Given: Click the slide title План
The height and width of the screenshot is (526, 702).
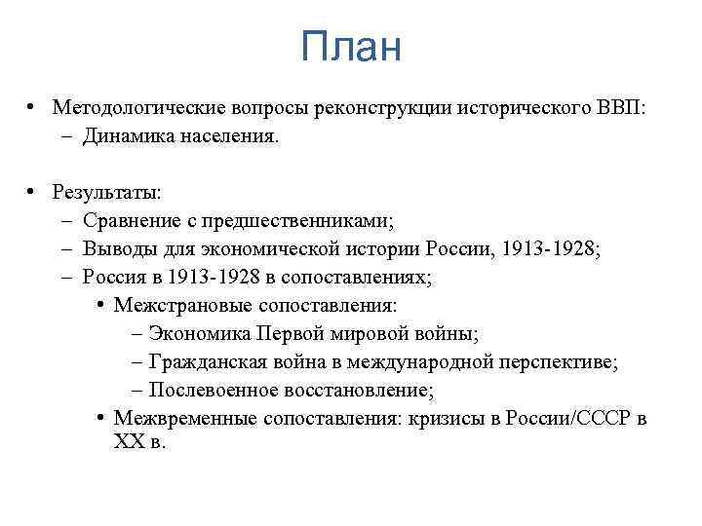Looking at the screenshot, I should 351,47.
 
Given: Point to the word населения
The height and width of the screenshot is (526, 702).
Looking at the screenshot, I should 227,136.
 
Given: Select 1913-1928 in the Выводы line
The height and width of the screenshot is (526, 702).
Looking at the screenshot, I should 549,249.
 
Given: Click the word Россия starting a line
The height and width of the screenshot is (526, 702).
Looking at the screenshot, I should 112,278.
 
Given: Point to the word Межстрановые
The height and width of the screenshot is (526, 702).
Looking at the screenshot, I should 178,306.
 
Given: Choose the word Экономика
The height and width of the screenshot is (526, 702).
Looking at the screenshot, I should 200,334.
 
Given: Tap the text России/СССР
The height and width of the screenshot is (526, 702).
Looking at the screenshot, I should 562,419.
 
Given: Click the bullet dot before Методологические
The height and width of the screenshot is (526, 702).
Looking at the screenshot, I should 33,106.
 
